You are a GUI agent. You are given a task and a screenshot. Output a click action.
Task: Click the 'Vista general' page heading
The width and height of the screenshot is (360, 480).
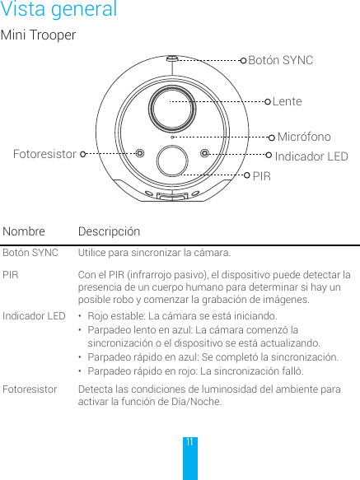click(58, 11)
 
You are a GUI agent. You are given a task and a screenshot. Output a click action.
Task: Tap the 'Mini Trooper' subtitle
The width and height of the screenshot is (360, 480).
click(38, 36)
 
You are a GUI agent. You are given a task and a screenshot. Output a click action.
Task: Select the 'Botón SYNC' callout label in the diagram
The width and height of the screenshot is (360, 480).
click(280, 60)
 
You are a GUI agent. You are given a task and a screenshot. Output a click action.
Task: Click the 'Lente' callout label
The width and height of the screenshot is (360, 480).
click(287, 101)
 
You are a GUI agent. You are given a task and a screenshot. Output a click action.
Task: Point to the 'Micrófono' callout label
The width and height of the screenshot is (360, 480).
click(303, 137)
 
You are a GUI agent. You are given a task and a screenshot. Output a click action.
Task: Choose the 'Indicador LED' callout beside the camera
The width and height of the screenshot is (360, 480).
click(311, 156)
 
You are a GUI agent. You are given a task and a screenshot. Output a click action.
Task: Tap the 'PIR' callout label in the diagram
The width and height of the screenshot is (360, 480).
click(261, 176)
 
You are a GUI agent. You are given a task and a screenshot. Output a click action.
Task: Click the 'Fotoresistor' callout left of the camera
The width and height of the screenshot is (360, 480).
click(44, 154)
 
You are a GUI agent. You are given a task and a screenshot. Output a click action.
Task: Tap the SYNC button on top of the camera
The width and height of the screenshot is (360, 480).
click(171, 59)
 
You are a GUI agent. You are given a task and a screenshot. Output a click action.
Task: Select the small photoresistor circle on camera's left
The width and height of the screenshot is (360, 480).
click(140, 152)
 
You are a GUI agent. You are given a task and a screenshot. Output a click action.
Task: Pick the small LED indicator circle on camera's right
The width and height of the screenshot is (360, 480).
click(205, 152)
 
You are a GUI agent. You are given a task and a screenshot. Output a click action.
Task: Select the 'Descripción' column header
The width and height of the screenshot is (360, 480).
click(109, 232)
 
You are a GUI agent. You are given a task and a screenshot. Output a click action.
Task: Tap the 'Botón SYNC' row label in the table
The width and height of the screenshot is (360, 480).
click(30, 253)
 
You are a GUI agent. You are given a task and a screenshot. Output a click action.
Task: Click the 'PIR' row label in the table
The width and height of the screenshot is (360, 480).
click(11, 274)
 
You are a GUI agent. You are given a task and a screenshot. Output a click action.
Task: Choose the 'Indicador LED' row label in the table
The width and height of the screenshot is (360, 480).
click(34, 316)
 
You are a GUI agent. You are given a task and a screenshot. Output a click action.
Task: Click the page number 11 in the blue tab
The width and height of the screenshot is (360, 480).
click(189, 442)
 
